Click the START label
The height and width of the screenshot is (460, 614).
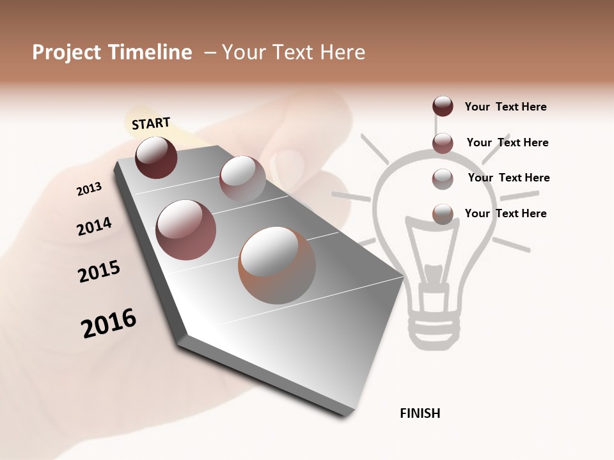pyautogui.click(x=151, y=123)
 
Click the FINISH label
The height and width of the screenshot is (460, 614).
pyautogui.click(x=420, y=413)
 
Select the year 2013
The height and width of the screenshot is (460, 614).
pyautogui.click(x=89, y=188)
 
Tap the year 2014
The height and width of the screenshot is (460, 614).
pyautogui.click(x=94, y=227)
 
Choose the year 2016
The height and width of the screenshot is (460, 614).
pyautogui.click(x=109, y=323)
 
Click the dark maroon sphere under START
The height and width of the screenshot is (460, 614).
pyautogui.click(x=156, y=157)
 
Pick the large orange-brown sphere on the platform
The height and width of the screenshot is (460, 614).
pyautogui.click(x=277, y=264)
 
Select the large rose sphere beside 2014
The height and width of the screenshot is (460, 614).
pyautogui.click(x=185, y=229)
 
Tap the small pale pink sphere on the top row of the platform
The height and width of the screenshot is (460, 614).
pyautogui.click(x=242, y=178)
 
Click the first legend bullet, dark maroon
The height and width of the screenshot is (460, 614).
pyautogui.click(x=443, y=107)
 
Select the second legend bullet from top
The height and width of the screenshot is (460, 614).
pyautogui.click(x=443, y=143)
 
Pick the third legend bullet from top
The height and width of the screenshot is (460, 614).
pyautogui.click(x=443, y=179)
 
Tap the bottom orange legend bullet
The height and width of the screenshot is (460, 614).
pyautogui.click(x=443, y=214)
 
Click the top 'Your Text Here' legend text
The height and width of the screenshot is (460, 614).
pyautogui.click(x=505, y=107)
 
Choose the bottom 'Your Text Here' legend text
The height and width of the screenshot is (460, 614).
pyautogui.click(x=505, y=213)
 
